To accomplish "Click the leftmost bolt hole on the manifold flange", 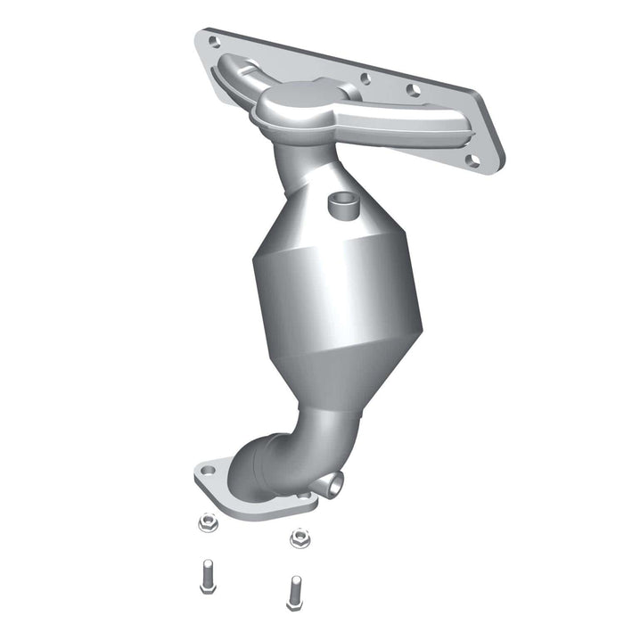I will [213, 40].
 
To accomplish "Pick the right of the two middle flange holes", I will [412, 90].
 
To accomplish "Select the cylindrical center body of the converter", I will [330, 285].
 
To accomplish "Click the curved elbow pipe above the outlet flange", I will [267, 455].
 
